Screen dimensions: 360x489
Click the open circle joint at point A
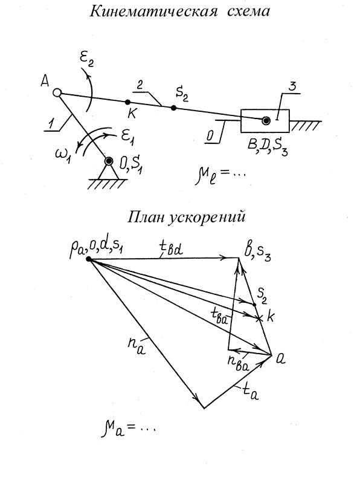click(57, 92)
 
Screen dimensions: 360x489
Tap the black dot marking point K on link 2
click(127, 102)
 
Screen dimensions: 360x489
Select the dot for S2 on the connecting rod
click(173, 108)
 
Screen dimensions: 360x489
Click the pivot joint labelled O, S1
click(109, 161)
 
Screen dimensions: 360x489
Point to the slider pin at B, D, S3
click(266, 120)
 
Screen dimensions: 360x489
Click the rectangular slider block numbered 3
click(265, 121)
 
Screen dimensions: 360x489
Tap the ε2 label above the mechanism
click(86, 60)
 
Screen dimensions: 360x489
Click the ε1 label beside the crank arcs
click(127, 138)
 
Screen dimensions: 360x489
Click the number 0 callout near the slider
click(210, 135)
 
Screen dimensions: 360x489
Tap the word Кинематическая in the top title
click(153, 11)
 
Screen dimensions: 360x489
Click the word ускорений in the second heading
click(207, 217)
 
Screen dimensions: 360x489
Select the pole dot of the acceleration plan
click(89, 259)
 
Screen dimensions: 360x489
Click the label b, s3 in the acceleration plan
click(257, 253)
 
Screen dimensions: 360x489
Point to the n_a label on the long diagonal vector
click(136, 345)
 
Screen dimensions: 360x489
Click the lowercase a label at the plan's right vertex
click(281, 360)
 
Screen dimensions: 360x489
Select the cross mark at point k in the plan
click(259, 318)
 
